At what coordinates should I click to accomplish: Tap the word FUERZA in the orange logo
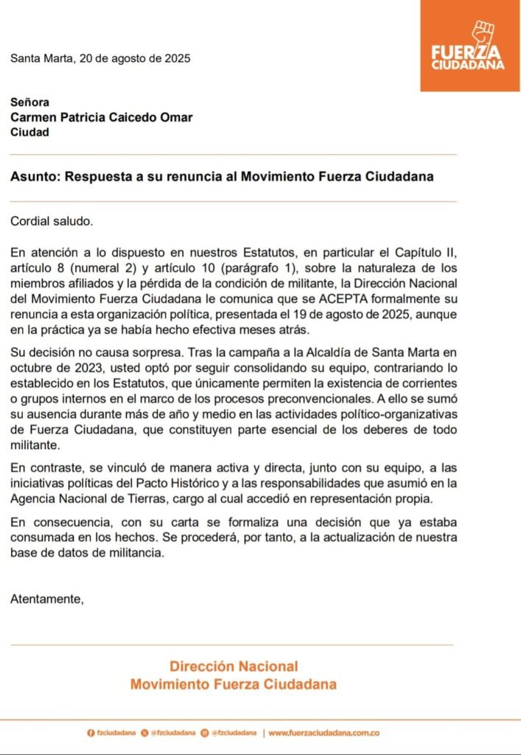467,52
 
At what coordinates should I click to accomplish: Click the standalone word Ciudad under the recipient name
29,132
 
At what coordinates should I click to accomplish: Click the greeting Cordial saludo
52,220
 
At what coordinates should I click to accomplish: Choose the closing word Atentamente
47,599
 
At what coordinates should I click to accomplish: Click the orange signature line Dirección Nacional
234,666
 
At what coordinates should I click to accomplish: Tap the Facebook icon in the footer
91,733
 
